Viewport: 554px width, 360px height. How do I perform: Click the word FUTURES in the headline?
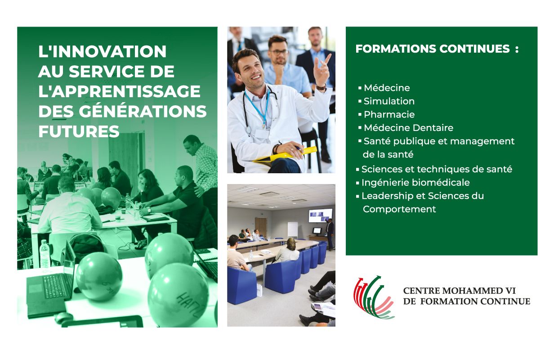pyautogui.click(x=79, y=131)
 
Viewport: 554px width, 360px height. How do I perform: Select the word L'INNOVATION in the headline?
pyautogui.click(x=102, y=51)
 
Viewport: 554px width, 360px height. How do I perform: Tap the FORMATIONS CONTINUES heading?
pyautogui.click(x=437, y=49)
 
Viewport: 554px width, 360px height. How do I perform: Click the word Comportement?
pyautogui.click(x=399, y=209)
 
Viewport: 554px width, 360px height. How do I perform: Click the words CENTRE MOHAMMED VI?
pyautogui.click(x=459, y=290)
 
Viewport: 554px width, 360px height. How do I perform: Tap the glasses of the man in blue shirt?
pyautogui.click(x=279, y=52)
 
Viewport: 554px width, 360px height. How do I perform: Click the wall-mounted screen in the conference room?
pyautogui.click(x=321, y=216)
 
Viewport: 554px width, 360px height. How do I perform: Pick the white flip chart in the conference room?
pyautogui.click(x=293, y=229)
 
